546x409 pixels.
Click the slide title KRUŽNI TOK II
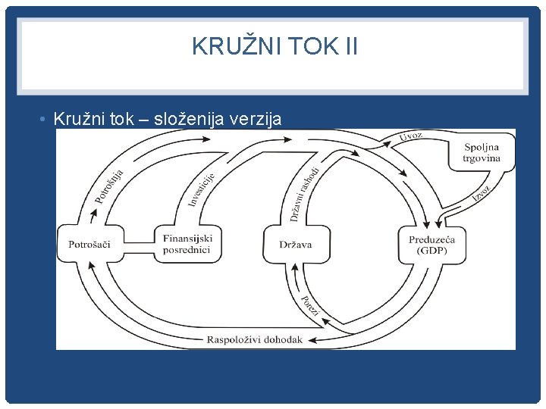click(x=274, y=48)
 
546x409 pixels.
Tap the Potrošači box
click(x=89, y=245)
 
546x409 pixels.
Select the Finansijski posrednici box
click(x=188, y=244)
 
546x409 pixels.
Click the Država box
click(x=295, y=245)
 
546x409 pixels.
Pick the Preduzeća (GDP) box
click(x=432, y=245)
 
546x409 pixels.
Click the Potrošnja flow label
click(x=109, y=186)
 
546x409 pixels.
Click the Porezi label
click(x=309, y=306)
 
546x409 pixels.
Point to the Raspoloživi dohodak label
click(x=255, y=339)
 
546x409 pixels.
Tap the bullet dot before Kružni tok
click(x=45, y=119)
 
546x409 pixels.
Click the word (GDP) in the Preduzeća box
click(x=432, y=251)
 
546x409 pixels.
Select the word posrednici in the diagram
click(x=188, y=249)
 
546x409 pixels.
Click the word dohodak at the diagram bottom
click(x=284, y=339)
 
